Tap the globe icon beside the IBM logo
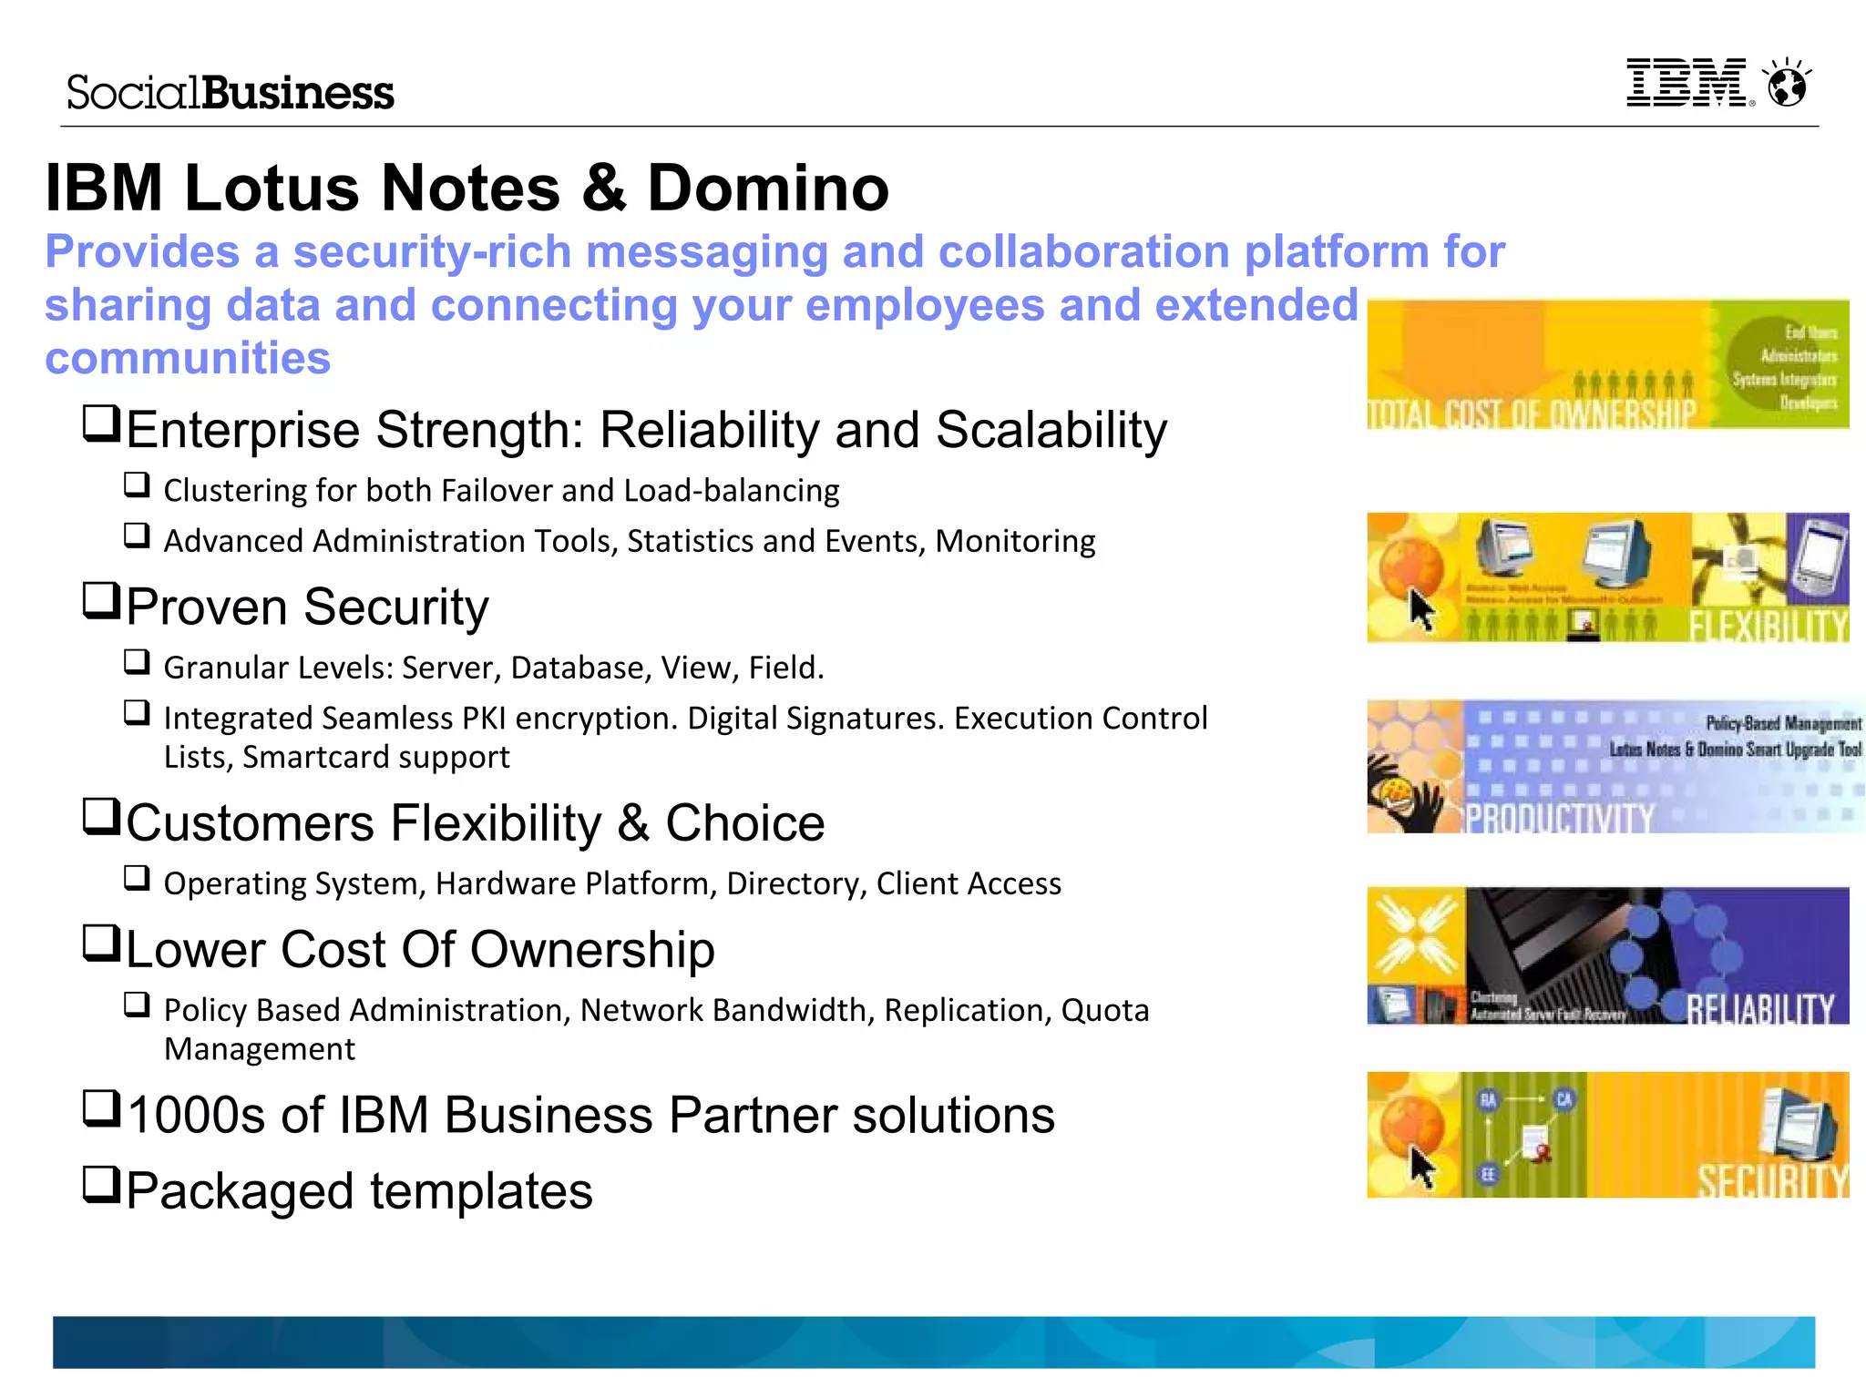coord(1787,85)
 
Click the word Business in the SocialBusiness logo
coord(298,93)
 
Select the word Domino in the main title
coord(767,189)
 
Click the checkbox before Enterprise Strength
coord(101,423)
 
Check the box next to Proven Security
coord(101,601)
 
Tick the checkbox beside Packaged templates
coord(101,1184)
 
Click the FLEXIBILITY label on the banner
coord(1768,626)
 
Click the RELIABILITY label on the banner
coord(1760,1007)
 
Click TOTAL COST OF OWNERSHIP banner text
coord(1531,414)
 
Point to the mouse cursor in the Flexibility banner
coord(1420,608)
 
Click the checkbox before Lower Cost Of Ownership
coord(101,944)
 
